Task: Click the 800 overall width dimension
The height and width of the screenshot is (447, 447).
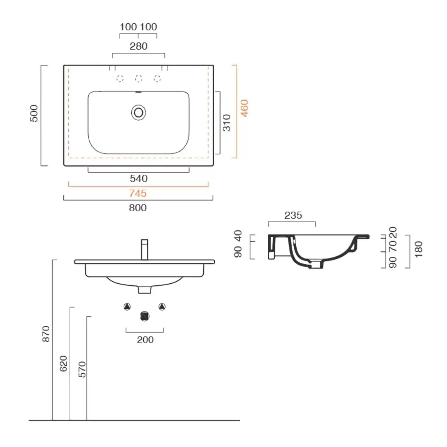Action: pyautogui.click(x=138, y=208)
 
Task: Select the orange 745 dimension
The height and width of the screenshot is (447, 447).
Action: pyautogui.click(x=138, y=193)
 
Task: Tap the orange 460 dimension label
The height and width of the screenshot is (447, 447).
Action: pyautogui.click(x=245, y=108)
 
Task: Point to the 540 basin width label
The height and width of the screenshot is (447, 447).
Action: pyautogui.click(x=139, y=179)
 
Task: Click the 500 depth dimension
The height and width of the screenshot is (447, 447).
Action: pyautogui.click(x=34, y=113)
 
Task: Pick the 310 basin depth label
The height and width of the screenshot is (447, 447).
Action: pyautogui.click(x=227, y=123)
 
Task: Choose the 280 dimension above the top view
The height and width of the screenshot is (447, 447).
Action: pyautogui.click(x=139, y=46)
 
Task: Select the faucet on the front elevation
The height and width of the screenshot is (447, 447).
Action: pyautogui.click(x=145, y=250)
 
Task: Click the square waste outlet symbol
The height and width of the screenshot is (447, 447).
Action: pyautogui.click(x=145, y=316)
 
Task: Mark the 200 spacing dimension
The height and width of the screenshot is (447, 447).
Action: pyautogui.click(x=145, y=340)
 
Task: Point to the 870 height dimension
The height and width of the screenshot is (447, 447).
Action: pyautogui.click(x=46, y=334)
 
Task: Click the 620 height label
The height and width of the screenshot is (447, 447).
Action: pyautogui.click(x=63, y=363)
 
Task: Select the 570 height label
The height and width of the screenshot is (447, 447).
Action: pyautogui.click(x=82, y=369)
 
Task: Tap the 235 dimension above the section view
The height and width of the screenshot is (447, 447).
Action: pyautogui.click(x=293, y=215)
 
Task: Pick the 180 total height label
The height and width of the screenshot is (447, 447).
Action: pyautogui.click(x=419, y=250)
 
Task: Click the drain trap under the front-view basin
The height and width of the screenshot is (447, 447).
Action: pyautogui.click(x=145, y=290)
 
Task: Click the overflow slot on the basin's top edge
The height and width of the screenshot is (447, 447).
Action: pyautogui.click(x=139, y=92)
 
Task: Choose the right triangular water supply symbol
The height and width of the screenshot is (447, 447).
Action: pyautogui.click(x=162, y=307)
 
